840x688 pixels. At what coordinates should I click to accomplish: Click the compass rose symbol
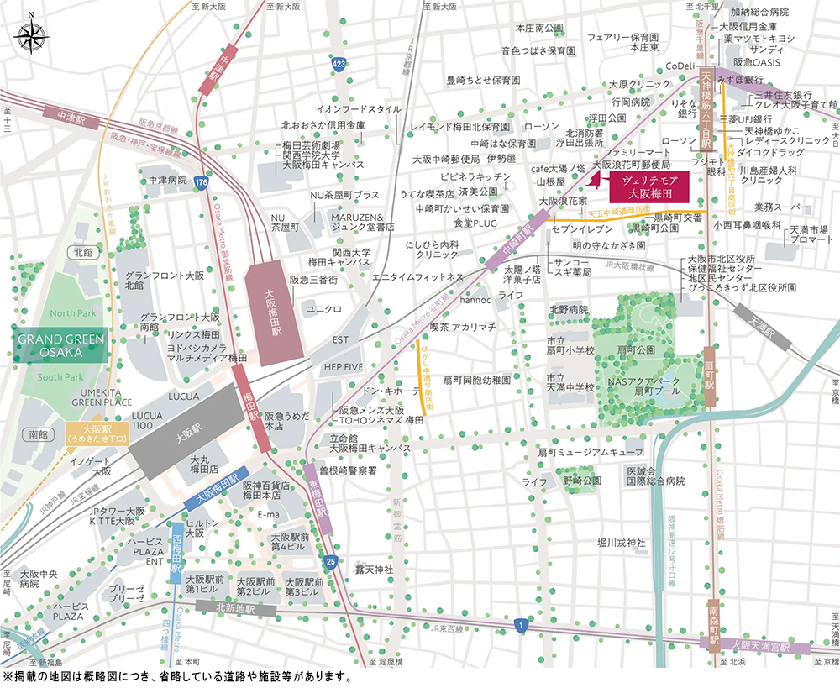(31, 35)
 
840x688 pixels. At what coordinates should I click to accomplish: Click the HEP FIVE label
(344, 366)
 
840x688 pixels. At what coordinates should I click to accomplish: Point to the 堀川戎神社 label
(620, 543)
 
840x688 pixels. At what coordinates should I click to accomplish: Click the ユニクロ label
(324, 309)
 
